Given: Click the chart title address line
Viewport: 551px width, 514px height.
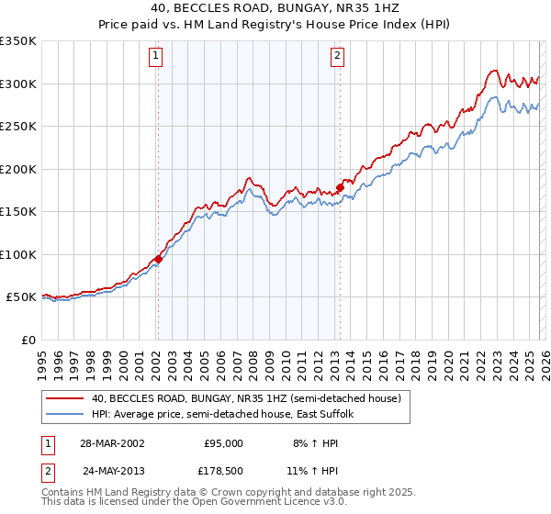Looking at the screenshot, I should (x=275, y=8).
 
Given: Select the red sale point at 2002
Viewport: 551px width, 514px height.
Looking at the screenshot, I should (x=158, y=259).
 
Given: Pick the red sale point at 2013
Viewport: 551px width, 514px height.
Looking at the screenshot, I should (x=340, y=187).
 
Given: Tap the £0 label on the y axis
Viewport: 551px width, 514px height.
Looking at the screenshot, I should (x=28, y=340).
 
